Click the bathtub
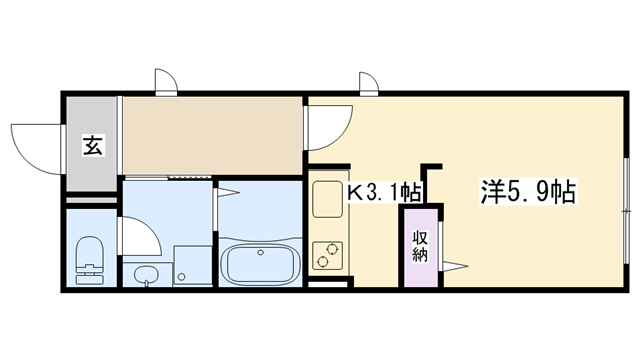(259, 264)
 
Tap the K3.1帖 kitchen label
(383, 191)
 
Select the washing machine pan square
(190, 266)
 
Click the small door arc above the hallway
(164, 83)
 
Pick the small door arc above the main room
(367, 83)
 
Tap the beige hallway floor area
(212, 134)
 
